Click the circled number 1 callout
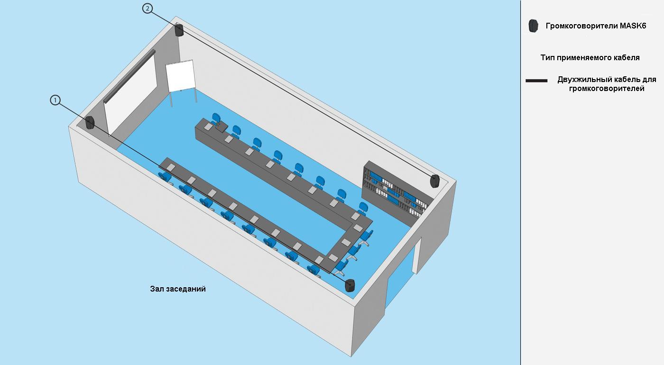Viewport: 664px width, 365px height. [55, 100]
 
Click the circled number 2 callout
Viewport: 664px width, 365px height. [148, 9]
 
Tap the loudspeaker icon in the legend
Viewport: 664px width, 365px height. [533, 26]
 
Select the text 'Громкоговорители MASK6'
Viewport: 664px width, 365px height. [596, 26]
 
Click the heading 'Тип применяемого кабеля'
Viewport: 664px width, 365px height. [590, 57]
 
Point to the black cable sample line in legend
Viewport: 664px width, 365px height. [536, 81]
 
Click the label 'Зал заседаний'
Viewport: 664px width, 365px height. [178, 289]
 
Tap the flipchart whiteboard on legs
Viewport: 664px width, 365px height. [181, 80]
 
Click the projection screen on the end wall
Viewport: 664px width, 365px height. [130, 92]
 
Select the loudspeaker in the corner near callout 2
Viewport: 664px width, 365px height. [179, 30]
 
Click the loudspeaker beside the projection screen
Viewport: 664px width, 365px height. [90, 123]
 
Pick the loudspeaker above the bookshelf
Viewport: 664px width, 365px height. [435, 181]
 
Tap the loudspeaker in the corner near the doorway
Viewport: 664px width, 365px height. [350, 285]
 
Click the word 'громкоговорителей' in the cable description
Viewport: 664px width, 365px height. [607, 89]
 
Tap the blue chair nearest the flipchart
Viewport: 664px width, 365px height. [216, 118]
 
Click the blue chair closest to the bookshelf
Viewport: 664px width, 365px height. [363, 208]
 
